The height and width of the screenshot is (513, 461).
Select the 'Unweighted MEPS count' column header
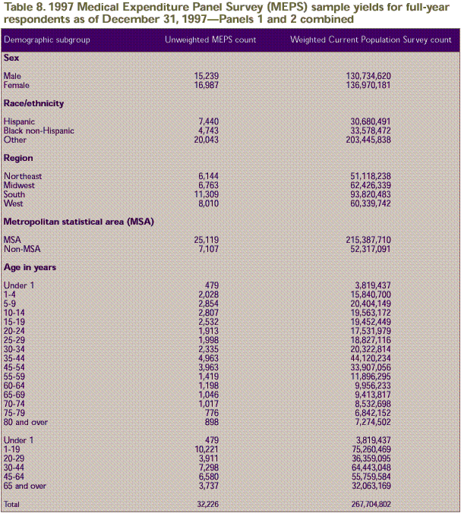tap(210, 39)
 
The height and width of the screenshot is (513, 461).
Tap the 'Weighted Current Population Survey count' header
tap(371, 39)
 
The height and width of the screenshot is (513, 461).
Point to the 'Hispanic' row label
tap(19, 121)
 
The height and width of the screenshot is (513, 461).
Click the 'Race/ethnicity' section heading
tap(33, 103)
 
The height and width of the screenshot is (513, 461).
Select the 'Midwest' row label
tap(19, 185)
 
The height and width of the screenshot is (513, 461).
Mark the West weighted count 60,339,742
tap(372, 203)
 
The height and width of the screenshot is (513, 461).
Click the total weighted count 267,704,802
tap(372, 504)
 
